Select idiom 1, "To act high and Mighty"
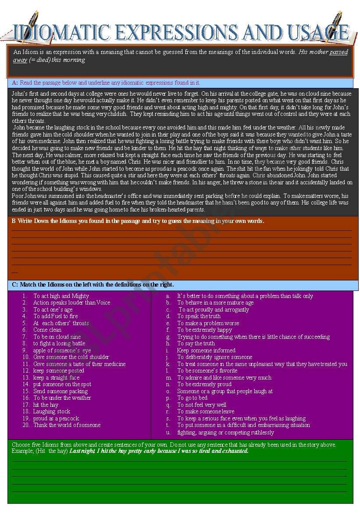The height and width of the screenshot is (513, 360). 61,296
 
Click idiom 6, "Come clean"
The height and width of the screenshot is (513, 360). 47,330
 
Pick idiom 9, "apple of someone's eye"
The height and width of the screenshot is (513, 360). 62,350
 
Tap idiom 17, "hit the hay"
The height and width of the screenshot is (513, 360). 46,405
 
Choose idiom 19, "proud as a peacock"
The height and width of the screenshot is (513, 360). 56,418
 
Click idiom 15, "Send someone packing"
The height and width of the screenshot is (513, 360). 61,391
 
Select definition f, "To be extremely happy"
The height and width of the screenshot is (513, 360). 204,330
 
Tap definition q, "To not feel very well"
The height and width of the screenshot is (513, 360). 202,405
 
